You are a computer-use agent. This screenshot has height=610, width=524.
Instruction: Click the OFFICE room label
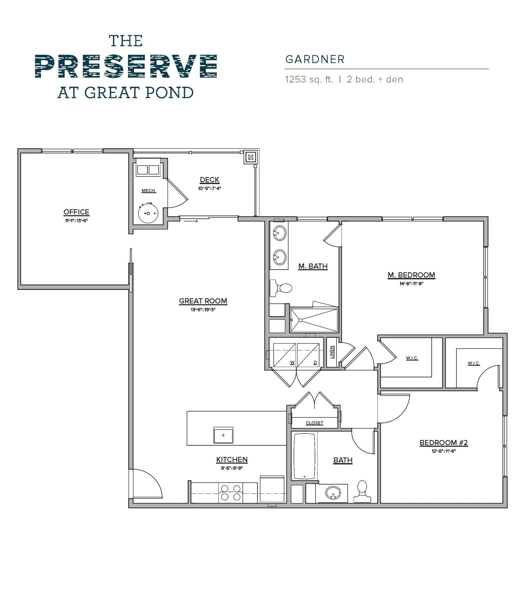coord(76,212)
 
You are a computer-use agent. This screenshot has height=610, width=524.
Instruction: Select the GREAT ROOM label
coord(203,301)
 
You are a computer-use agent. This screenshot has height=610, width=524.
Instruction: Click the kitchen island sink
coord(223,435)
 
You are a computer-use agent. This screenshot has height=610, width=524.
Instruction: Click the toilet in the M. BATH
coord(281,288)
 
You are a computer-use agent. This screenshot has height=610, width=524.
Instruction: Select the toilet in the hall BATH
coord(362,491)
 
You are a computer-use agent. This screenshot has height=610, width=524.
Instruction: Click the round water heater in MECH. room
coord(148,213)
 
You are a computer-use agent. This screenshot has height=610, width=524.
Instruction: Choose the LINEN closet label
coord(332,352)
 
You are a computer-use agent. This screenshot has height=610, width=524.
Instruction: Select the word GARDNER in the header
coord(315,59)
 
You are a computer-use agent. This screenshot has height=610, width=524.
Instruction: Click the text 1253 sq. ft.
coord(309,79)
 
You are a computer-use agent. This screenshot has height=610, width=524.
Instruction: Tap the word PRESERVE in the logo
coord(126,66)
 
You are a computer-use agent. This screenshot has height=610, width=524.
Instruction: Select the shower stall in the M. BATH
coord(314,320)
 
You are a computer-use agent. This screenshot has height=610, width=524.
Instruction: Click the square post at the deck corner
coord(251,157)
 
